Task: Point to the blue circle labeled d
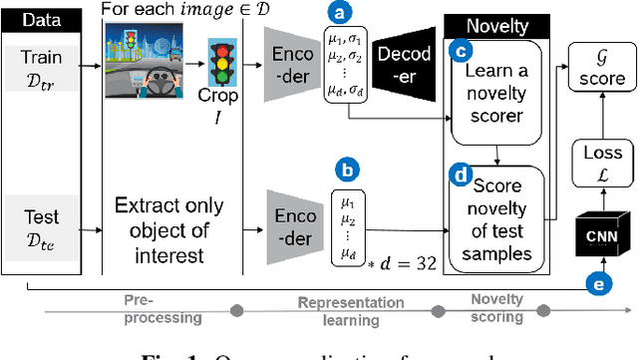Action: coord(462,176)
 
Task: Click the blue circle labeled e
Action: coord(597,283)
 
